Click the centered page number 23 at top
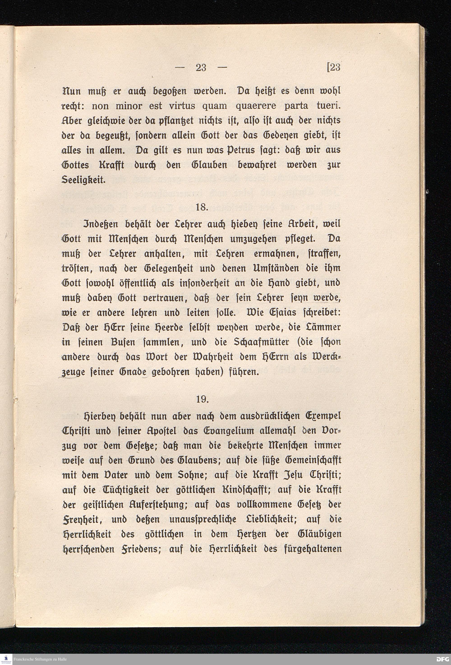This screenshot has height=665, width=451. (x=201, y=68)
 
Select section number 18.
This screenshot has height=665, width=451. (x=202, y=207)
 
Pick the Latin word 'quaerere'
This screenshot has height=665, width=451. (x=255, y=106)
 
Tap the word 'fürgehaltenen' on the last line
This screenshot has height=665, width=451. (x=313, y=549)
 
